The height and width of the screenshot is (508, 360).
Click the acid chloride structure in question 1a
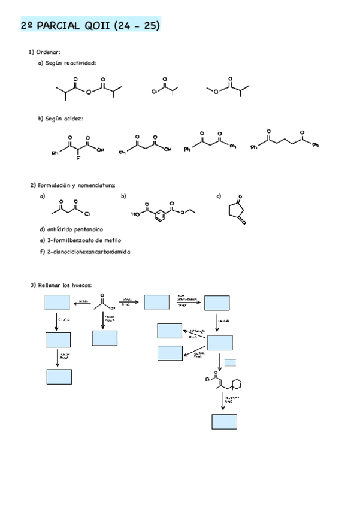click(x=165, y=87)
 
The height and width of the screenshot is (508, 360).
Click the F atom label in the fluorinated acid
click(x=78, y=159)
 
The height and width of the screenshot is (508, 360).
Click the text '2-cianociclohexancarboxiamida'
click(x=88, y=252)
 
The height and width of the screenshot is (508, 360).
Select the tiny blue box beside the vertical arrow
click(x=230, y=362)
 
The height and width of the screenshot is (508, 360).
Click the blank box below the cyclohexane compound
click(x=224, y=422)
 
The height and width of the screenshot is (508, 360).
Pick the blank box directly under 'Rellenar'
click(x=57, y=303)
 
